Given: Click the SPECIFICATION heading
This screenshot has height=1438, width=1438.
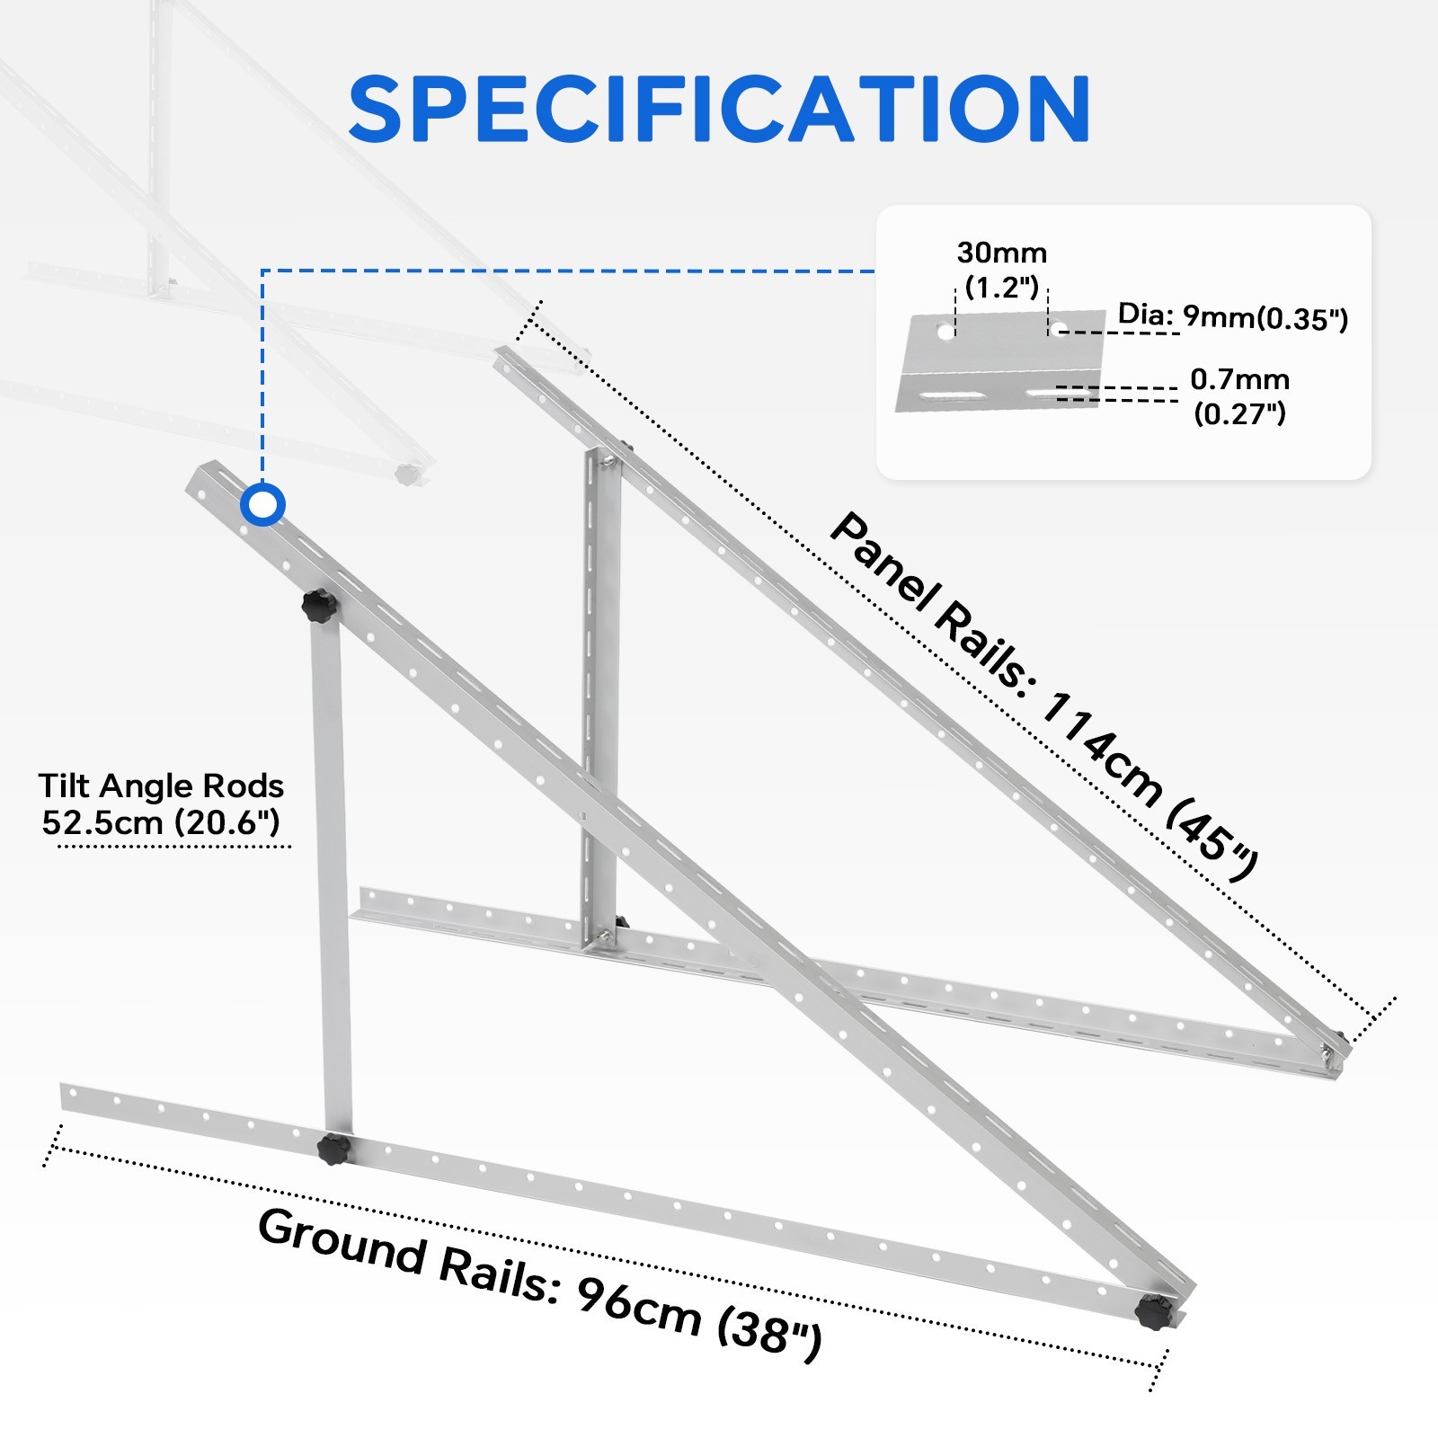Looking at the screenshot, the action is (719, 109).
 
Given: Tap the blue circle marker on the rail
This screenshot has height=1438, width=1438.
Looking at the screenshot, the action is (262, 504).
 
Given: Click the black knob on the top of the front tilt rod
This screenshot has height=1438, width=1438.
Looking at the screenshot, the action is (318, 606).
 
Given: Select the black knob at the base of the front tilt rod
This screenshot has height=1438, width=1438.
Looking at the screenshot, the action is (333, 1150).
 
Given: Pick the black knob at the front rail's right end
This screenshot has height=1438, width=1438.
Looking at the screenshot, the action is (1154, 1311).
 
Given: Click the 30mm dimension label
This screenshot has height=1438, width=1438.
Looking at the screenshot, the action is (1002, 253).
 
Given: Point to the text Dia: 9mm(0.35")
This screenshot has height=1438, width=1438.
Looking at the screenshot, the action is (1233, 316).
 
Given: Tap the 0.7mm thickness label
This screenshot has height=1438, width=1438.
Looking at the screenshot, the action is (1240, 379).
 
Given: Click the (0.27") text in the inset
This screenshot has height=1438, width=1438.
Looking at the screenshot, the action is (1240, 413).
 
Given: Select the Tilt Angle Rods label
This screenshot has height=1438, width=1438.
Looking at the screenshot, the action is (161, 786).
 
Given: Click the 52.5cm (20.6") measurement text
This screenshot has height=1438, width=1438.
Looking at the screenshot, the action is (161, 822).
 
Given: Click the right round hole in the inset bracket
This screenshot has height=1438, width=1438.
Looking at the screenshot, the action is (1060, 328).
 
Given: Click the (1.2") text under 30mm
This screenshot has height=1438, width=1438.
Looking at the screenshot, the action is (1002, 288).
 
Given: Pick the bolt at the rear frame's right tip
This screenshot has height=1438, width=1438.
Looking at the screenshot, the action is (1327, 1051).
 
